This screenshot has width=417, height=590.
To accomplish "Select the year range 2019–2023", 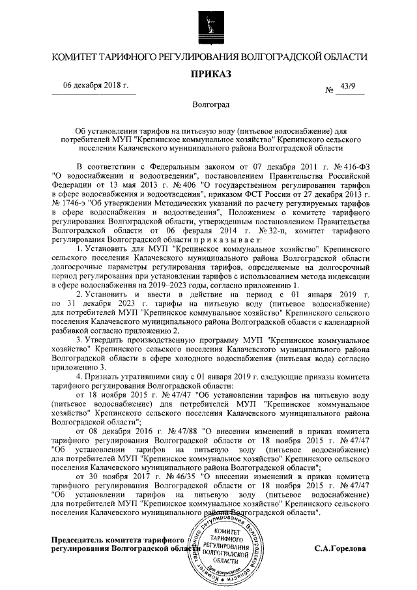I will click(x=172, y=285).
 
